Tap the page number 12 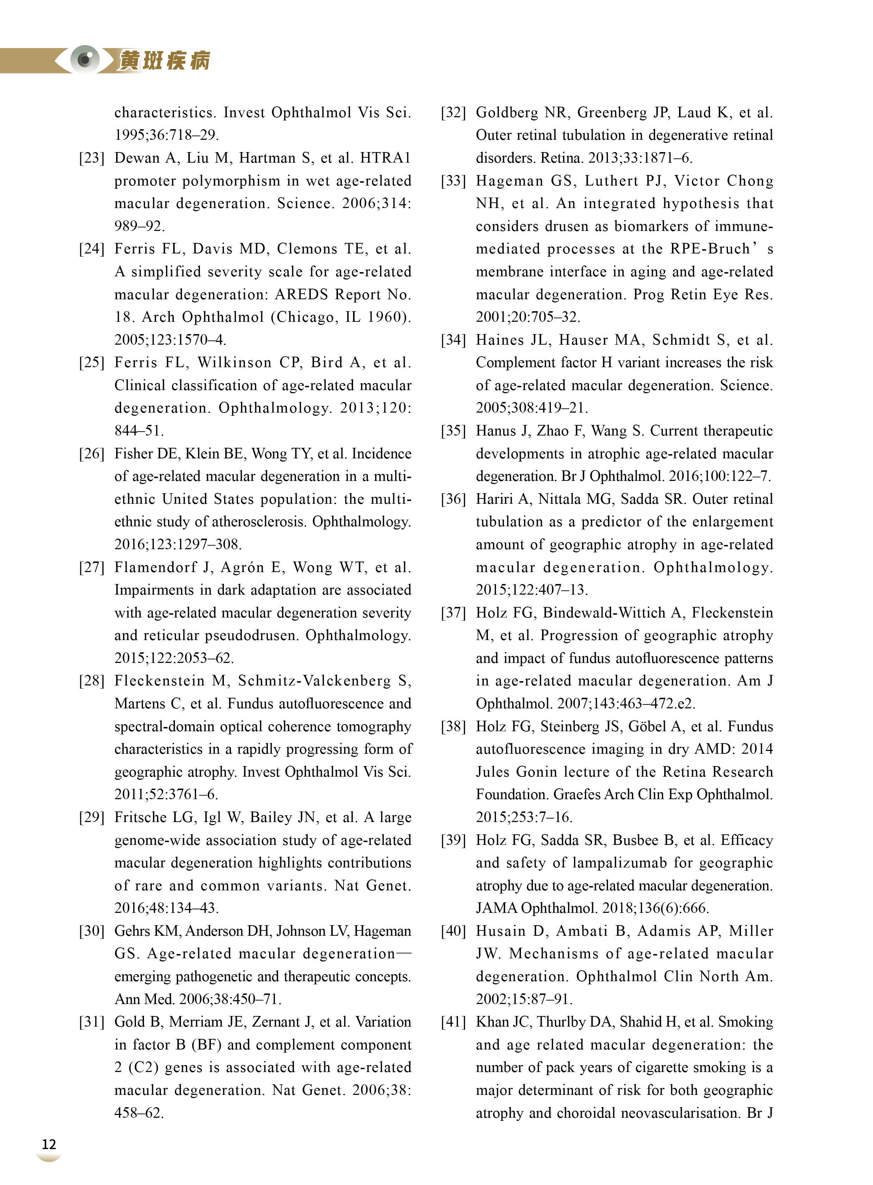point(49,1144)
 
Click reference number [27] point(92,568)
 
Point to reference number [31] point(92,1022)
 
